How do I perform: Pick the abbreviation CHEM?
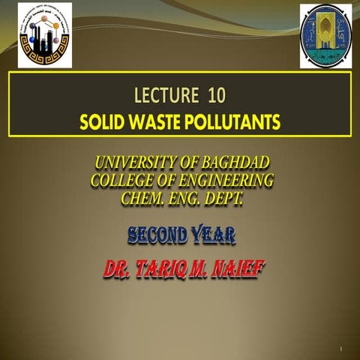[142, 198]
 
